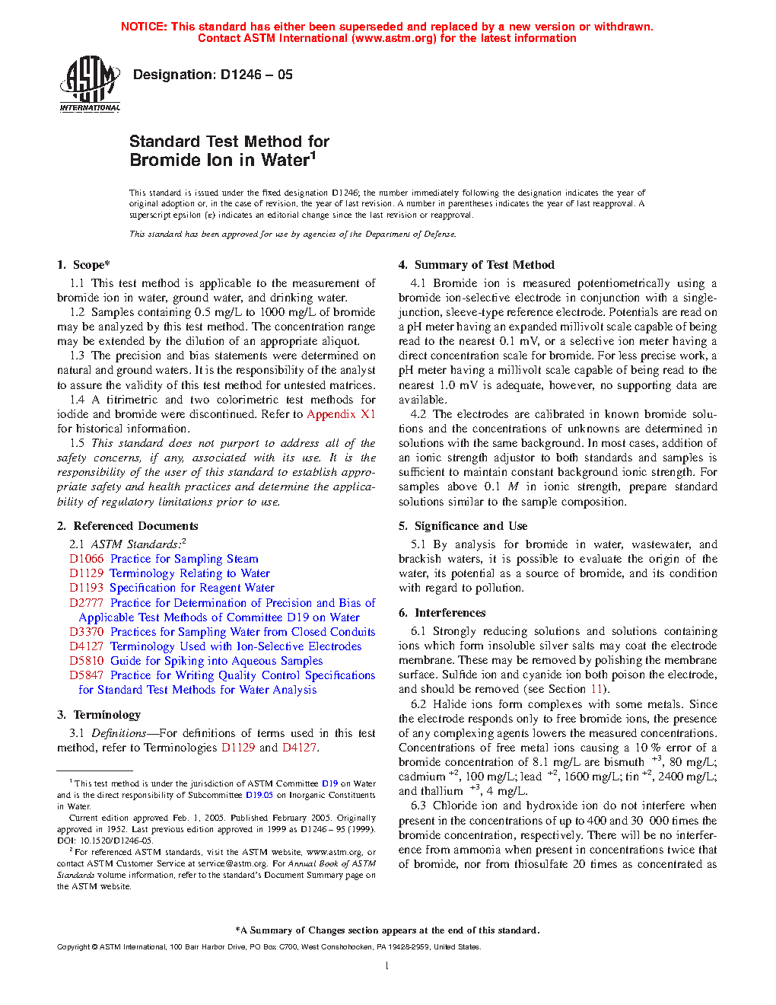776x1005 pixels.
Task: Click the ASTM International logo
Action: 90,83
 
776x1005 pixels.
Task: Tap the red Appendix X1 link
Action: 341,414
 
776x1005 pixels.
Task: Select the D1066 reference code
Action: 86,559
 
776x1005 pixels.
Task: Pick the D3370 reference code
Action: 86,632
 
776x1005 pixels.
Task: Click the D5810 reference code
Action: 86,661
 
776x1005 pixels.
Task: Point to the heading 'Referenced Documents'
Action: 135,526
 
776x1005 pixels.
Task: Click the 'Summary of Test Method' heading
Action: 484,265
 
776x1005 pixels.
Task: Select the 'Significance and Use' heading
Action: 470,526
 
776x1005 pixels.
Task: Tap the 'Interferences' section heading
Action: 450,613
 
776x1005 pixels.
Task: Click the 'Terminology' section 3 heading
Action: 107,715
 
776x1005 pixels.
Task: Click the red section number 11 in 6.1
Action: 596,689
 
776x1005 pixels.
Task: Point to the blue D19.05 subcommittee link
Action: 259,795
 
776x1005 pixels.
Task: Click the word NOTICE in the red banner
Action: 144,27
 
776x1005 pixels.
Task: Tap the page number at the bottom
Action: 387,965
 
